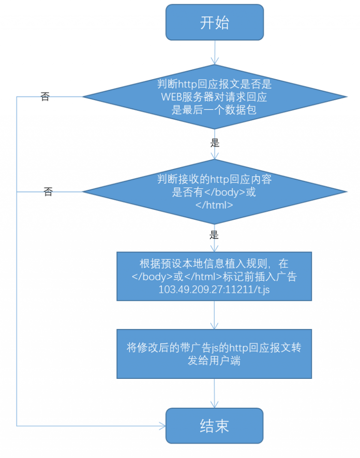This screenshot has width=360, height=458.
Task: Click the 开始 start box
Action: click(x=215, y=22)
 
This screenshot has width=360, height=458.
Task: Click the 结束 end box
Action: click(x=214, y=426)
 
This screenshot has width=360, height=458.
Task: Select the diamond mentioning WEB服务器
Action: click(x=215, y=96)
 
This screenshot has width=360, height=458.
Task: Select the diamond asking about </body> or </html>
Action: click(x=215, y=192)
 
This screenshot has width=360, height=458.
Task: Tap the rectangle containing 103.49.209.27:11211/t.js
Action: click(x=214, y=276)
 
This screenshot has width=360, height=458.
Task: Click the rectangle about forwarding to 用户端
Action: click(x=214, y=354)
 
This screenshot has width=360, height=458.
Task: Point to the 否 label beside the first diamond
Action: click(x=45, y=96)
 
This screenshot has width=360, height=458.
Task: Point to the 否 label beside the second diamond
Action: click(x=48, y=192)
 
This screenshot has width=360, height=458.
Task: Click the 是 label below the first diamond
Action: click(x=215, y=143)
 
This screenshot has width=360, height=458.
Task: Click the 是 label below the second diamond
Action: click(x=214, y=235)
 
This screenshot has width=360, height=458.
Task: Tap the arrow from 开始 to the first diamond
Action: click(x=215, y=52)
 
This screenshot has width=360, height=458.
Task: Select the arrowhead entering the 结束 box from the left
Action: click(x=162, y=426)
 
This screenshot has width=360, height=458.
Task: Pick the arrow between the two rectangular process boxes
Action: click(x=214, y=315)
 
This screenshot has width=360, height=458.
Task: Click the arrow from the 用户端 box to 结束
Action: click(x=214, y=393)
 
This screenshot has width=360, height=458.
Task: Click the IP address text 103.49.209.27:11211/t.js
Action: click(x=214, y=289)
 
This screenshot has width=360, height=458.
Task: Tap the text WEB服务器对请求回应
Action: click(x=214, y=96)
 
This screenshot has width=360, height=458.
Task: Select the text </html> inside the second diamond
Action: click(x=214, y=205)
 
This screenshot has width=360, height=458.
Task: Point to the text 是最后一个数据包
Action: click(x=214, y=110)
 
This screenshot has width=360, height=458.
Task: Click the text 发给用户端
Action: click(x=214, y=361)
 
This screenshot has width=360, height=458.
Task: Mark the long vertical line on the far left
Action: click(x=17, y=261)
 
